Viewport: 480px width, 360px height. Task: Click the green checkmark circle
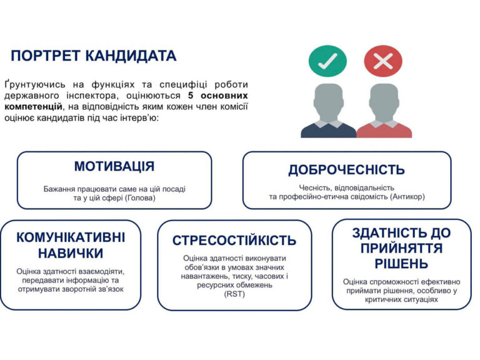[327, 61]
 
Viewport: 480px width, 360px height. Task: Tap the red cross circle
[383, 61]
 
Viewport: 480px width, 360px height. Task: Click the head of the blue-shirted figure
[328, 101]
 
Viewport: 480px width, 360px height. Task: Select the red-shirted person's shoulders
[384, 129]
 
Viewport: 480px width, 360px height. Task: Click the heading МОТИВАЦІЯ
[114, 166]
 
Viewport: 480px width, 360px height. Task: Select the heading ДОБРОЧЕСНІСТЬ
[346, 169]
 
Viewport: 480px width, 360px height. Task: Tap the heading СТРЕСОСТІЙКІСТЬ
[234, 240]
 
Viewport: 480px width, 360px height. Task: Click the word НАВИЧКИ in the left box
[71, 253]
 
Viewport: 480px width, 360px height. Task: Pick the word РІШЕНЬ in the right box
[401, 264]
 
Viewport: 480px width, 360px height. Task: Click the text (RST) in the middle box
[234, 294]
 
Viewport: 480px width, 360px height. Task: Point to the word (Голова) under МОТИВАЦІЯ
[140, 198]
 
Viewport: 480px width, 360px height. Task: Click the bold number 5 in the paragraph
[191, 96]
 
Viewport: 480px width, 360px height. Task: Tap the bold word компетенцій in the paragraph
[33, 107]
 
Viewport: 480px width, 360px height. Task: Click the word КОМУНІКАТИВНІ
[71, 237]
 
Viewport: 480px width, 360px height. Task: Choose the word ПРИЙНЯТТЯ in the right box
[401, 248]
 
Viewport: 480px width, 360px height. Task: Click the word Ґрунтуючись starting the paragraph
[34, 84]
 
